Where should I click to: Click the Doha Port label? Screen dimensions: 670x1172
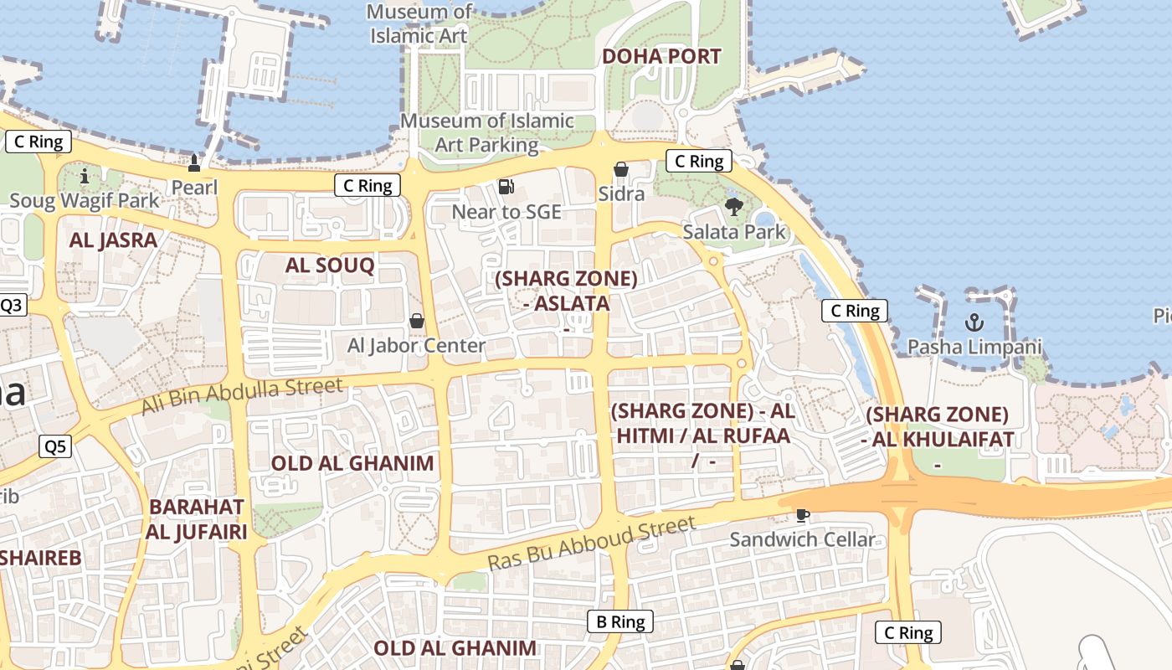661,57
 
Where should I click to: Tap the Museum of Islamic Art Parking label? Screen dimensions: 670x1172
487,132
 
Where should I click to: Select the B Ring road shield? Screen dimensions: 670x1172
619,621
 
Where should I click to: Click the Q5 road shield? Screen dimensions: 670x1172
55,446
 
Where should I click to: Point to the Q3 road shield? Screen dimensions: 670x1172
12,305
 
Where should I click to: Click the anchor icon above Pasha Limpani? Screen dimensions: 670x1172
974,322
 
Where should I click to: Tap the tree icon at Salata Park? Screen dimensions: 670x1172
734,207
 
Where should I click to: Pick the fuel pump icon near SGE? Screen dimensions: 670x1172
506,187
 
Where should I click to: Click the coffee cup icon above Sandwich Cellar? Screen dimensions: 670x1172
802,515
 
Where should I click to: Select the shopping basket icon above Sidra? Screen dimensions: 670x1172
621,170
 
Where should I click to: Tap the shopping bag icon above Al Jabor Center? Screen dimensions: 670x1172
416,321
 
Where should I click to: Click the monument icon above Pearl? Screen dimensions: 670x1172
194,162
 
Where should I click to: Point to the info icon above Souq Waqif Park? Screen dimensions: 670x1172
84,176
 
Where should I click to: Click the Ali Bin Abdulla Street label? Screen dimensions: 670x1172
242,395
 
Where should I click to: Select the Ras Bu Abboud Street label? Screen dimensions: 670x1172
591,544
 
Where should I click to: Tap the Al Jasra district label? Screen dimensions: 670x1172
113,240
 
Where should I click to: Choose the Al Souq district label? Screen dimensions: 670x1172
330,265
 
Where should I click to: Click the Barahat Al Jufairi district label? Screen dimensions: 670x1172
197,519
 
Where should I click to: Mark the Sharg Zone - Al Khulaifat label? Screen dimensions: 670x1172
938,427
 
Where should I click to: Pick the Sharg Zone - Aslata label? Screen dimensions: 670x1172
566,291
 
